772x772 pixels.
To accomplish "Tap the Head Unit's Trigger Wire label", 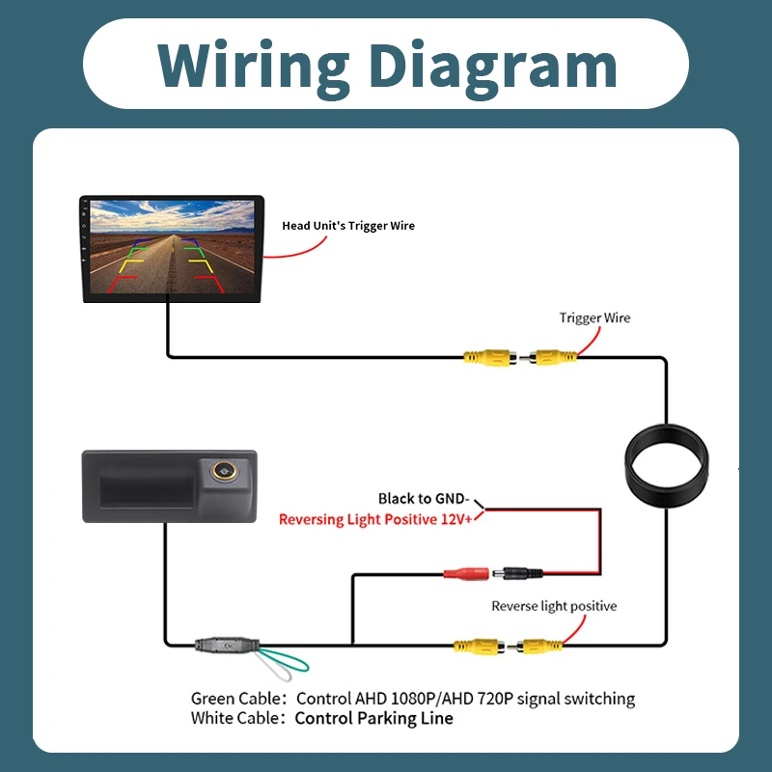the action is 348,226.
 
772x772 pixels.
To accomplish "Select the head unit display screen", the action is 173,247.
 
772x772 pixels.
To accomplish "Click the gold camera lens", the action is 224,471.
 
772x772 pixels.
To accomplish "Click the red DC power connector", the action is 466,573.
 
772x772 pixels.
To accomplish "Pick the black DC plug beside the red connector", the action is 518,573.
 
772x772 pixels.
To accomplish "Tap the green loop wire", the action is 290,661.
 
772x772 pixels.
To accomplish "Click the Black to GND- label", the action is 424,499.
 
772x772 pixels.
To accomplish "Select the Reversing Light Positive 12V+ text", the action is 375,519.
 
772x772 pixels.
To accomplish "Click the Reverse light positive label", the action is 554,606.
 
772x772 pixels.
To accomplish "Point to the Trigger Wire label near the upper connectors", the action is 594,318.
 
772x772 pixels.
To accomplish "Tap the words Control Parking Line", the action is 373,718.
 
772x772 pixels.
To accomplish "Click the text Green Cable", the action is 235,699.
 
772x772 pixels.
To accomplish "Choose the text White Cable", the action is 234,718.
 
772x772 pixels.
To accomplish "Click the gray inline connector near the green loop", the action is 227,645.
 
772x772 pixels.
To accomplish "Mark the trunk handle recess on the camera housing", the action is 147,488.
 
